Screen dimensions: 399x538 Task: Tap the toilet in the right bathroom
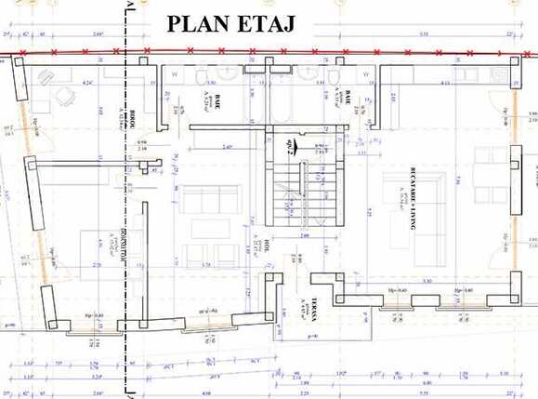[327, 73]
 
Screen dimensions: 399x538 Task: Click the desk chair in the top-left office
[65, 94]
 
